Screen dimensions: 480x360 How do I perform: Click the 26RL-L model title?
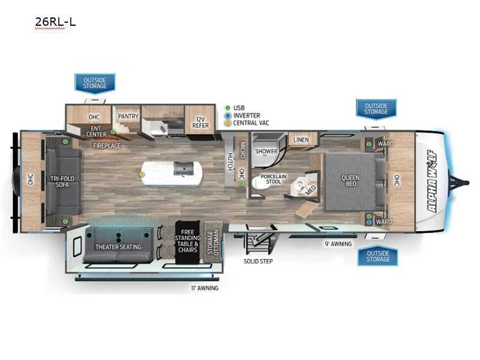55,22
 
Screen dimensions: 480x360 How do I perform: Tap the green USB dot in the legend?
227,108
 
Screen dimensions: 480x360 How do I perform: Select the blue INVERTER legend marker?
227,115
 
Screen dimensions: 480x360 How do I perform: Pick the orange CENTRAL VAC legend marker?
227,123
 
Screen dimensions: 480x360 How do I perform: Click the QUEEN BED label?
350,181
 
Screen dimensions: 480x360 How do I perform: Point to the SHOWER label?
266,151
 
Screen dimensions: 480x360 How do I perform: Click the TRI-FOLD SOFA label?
62,182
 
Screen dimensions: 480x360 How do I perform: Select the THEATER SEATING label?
118,247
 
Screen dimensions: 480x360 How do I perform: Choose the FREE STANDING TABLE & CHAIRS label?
188,241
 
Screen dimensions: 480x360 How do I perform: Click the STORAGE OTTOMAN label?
213,242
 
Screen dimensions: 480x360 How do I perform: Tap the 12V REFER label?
200,122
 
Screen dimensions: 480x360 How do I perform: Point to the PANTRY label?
128,116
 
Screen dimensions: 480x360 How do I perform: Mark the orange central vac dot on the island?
142,174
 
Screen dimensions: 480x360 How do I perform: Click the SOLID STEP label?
258,261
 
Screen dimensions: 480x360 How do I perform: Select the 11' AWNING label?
205,288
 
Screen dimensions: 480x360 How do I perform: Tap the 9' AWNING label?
338,244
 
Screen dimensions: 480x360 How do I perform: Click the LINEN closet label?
301,140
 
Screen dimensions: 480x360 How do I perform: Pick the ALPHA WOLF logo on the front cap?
432,181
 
